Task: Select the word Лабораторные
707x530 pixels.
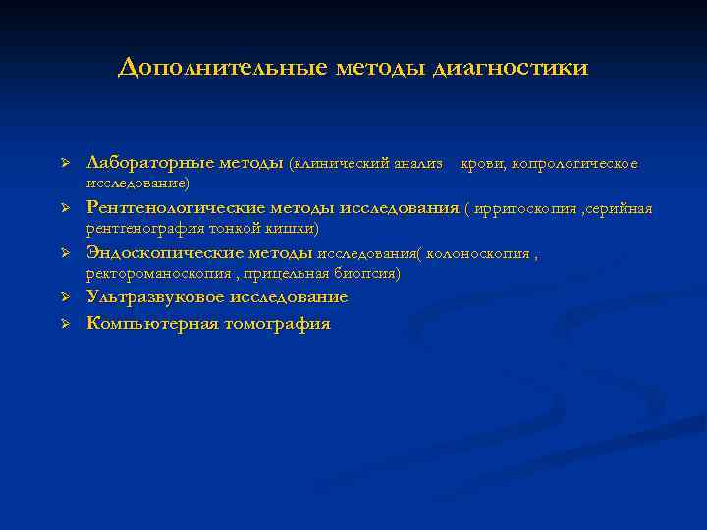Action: point(145,162)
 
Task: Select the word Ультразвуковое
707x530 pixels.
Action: point(150,297)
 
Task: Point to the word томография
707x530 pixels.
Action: point(277,322)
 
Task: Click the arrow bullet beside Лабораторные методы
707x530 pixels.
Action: point(62,162)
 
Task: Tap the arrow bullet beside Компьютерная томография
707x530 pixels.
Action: point(62,322)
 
